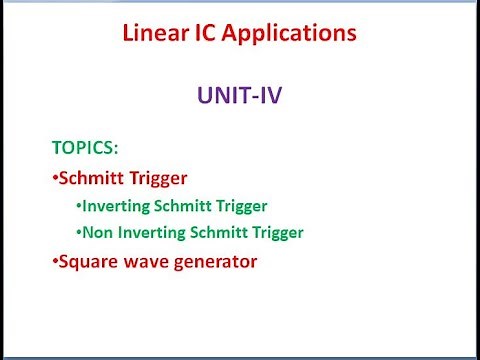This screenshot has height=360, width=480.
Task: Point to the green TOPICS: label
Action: coord(85,149)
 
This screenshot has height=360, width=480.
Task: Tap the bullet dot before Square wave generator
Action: coord(55,262)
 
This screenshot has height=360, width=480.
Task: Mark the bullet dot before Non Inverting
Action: coord(79,233)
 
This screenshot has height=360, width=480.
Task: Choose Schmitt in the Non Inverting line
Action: coord(212,233)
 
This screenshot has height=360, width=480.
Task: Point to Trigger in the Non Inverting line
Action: coord(272,233)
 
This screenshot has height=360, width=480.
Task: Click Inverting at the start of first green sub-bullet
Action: coord(114,206)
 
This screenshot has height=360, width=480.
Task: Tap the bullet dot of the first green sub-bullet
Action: coord(79,206)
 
